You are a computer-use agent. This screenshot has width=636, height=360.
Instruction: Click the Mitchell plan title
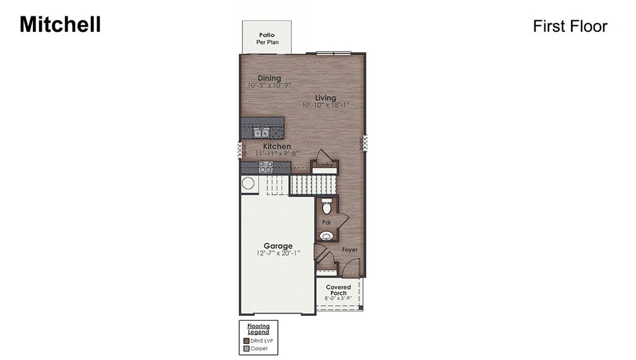[x=60, y=24]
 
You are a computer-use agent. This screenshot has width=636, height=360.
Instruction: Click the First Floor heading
[x=570, y=26]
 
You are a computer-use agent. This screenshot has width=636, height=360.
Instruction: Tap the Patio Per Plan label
[x=267, y=39]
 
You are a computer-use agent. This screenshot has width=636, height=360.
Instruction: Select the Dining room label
[x=269, y=78]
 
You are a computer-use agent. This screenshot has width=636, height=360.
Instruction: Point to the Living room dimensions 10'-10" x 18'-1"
[x=325, y=105]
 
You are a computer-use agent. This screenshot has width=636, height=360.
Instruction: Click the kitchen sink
[x=261, y=133]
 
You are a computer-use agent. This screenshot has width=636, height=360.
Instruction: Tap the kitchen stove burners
[x=265, y=167]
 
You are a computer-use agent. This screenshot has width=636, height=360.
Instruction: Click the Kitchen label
[x=277, y=146]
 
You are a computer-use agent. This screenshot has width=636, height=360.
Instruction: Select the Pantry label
[x=324, y=165]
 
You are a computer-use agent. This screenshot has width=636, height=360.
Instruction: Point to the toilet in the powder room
[x=326, y=207]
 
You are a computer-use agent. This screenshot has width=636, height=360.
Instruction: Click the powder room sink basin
[x=326, y=235]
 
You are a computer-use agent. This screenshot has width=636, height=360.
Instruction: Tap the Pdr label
[x=326, y=222]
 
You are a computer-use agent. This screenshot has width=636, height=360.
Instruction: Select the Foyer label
[x=349, y=250]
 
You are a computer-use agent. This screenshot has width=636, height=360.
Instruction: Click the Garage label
[x=278, y=246]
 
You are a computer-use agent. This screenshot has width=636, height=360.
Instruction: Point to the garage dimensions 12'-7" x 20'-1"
[x=278, y=254]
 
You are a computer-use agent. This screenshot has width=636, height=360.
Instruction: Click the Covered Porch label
[x=338, y=290]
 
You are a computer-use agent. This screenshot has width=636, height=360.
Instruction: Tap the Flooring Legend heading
[x=258, y=329]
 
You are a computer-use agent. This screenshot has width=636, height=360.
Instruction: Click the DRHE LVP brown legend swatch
[x=246, y=341]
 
